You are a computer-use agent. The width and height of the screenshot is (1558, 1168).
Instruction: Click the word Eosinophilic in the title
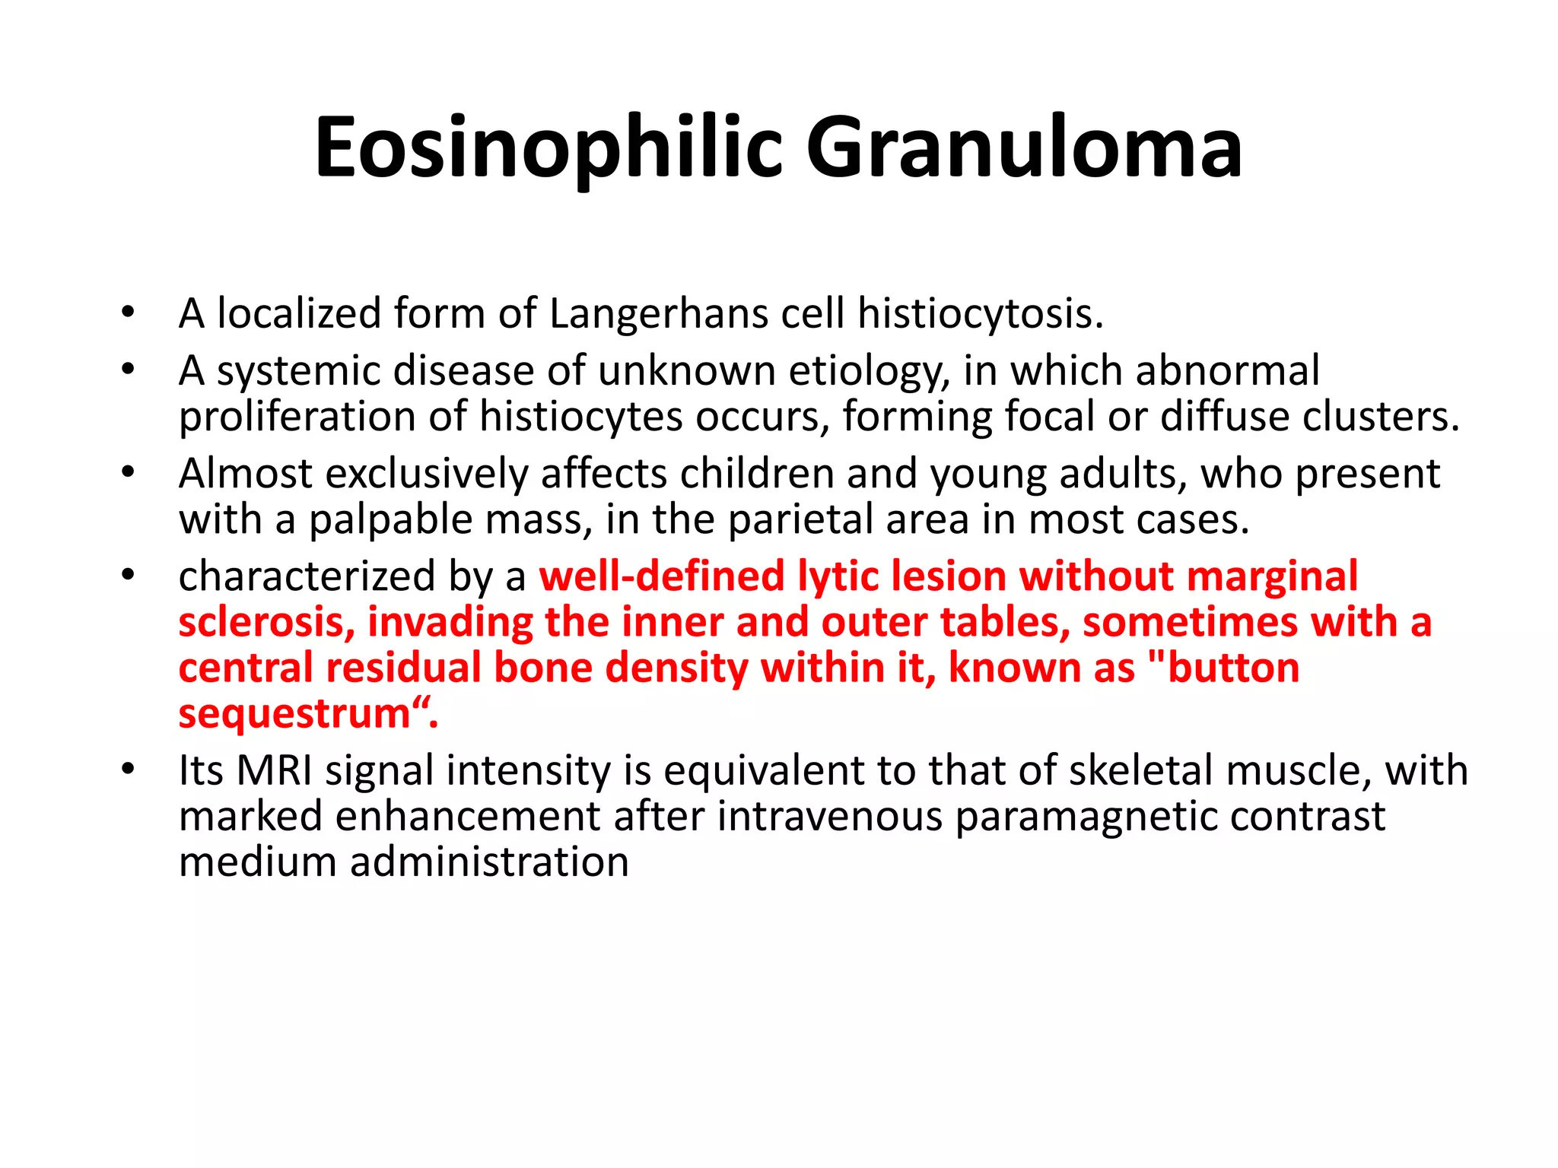[548, 148]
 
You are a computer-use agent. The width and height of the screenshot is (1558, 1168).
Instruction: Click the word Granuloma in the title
[1023, 148]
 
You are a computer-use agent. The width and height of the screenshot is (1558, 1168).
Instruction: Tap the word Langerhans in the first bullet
[658, 314]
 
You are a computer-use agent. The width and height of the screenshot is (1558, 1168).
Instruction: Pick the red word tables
[1004, 622]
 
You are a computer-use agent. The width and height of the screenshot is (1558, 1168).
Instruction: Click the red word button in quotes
[1232, 668]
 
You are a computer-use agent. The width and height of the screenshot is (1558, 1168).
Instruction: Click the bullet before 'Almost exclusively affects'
[128, 472]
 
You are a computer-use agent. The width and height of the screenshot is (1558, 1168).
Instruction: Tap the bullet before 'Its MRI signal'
[128, 769]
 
